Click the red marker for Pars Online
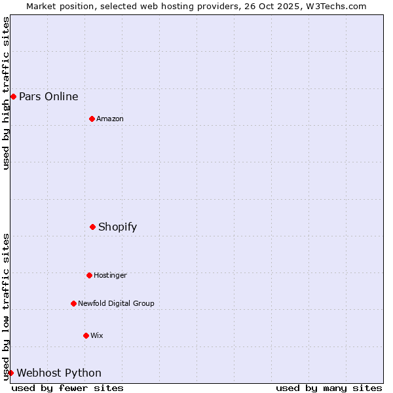tap(13, 97)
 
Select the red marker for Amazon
tap(92, 119)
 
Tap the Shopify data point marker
tap(92, 227)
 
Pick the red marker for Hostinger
tap(89, 275)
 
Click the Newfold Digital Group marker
tap(73, 303)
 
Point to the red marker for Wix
tap(86, 335)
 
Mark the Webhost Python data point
tap(10, 373)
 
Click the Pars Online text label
tap(48, 97)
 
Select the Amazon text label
tap(110, 119)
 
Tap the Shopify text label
tap(117, 227)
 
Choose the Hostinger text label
tap(110, 275)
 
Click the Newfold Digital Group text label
tap(116, 303)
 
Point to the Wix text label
tap(97, 335)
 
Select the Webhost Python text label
tap(59, 373)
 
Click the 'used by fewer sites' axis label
tap(67, 388)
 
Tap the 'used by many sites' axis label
tap(329, 388)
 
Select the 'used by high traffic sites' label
tap(6, 93)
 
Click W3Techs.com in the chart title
tap(337, 6)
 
